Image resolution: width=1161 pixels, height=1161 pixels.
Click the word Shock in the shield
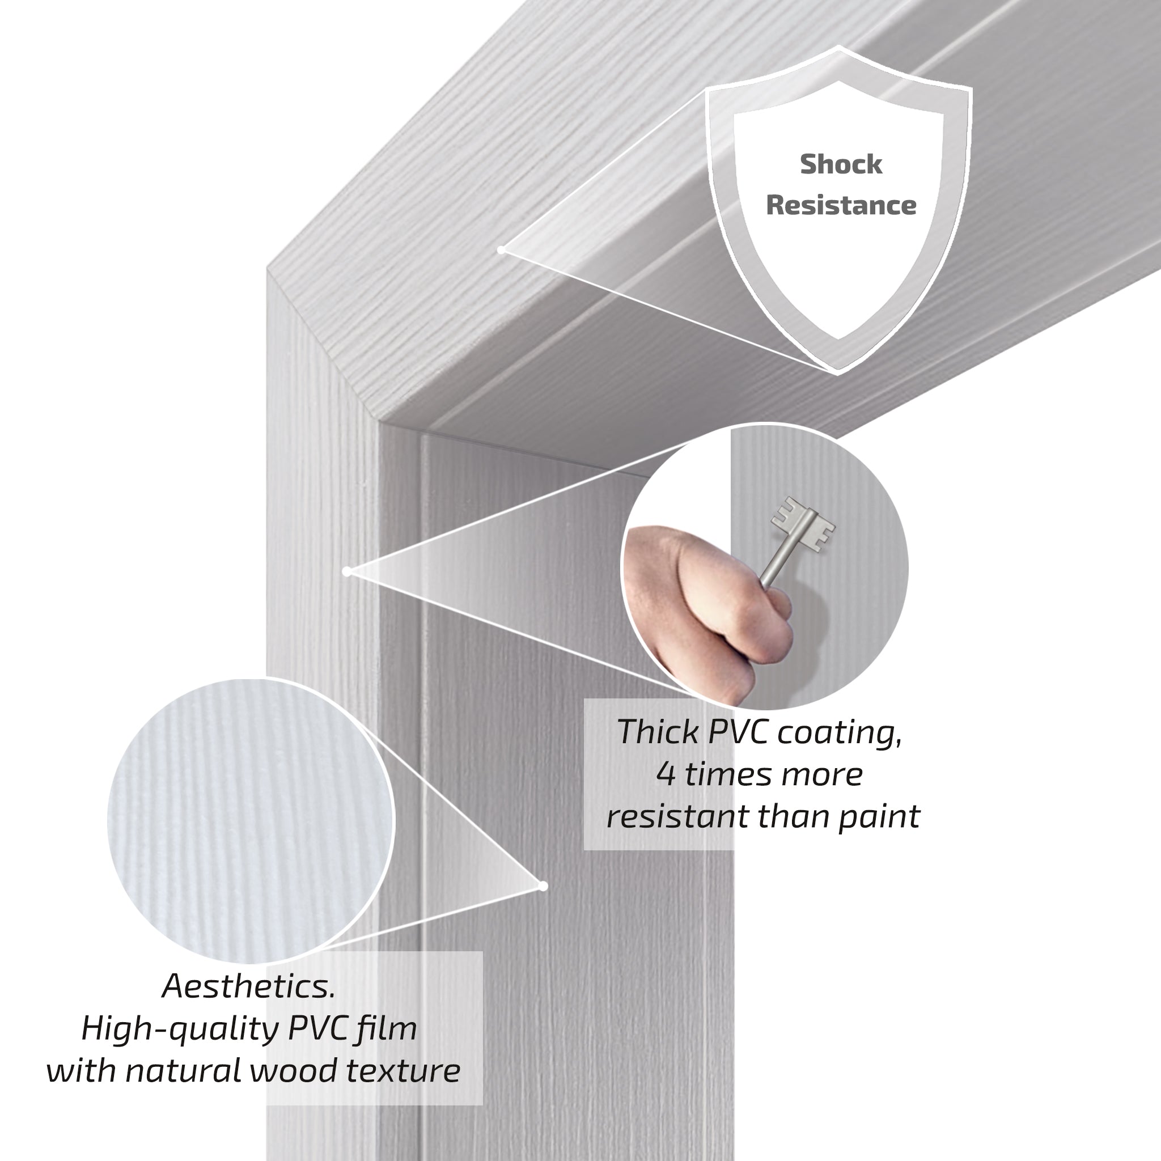pyautogui.click(x=841, y=164)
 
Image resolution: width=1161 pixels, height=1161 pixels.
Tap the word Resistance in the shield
pyautogui.click(x=841, y=205)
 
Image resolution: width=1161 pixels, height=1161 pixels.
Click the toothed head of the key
pyautogui.click(x=803, y=523)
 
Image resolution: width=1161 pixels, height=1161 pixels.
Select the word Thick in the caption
pyautogui.click(x=659, y=732)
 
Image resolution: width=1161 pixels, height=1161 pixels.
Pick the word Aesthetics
pyautogui.click(x=249, y=986)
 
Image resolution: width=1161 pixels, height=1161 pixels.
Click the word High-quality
pyautogui.click(x=180, y=1029)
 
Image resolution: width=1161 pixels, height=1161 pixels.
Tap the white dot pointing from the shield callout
pyautogui.click(x=501, y=250)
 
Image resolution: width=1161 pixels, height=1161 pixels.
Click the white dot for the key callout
pyautogui.click(x=347, y=571)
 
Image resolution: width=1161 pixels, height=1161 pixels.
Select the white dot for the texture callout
pyautogui.click(x=543, y=887)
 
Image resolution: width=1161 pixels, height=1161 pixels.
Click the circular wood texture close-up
pyautogui.click(x=251, y=821)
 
